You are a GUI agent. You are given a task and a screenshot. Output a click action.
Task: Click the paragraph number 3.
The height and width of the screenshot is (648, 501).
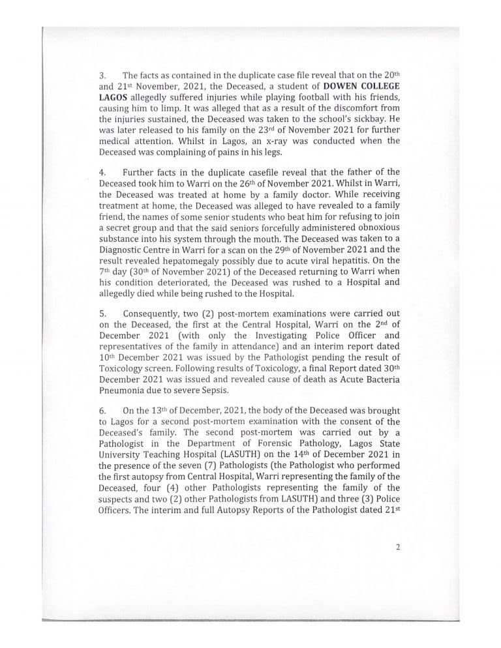coord(102,75)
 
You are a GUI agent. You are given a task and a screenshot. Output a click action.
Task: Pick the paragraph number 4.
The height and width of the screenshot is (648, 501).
coord(102,172)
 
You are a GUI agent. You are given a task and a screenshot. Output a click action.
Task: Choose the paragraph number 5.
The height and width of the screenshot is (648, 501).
coord(102,313)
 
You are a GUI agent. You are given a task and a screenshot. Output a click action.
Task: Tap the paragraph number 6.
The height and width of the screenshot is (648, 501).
coord(102,411)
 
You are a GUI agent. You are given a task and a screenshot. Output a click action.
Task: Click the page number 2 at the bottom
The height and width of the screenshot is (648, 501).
coord(397,547)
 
